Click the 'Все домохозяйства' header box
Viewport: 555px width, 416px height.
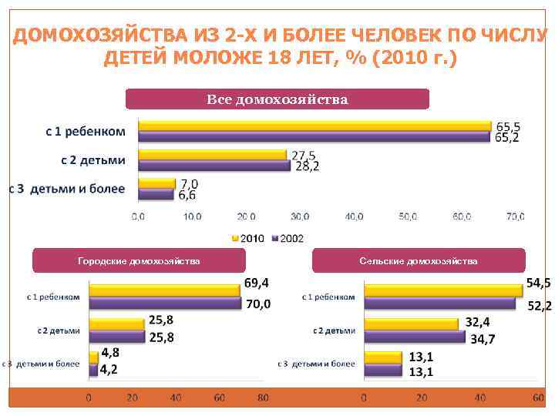277,99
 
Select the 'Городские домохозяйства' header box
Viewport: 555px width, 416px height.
139,261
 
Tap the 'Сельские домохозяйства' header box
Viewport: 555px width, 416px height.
419,261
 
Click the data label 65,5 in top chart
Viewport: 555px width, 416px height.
507,126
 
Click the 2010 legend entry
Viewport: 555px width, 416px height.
247,239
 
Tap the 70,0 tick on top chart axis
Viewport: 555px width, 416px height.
516,218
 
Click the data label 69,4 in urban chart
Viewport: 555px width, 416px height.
257,284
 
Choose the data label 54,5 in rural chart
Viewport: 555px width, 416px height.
538,284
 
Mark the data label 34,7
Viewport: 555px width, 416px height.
483,339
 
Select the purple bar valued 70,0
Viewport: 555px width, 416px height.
165,302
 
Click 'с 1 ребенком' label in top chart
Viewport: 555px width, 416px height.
86,132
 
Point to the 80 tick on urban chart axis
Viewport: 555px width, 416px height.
264,398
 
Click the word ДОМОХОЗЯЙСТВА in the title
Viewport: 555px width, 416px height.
99,36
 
